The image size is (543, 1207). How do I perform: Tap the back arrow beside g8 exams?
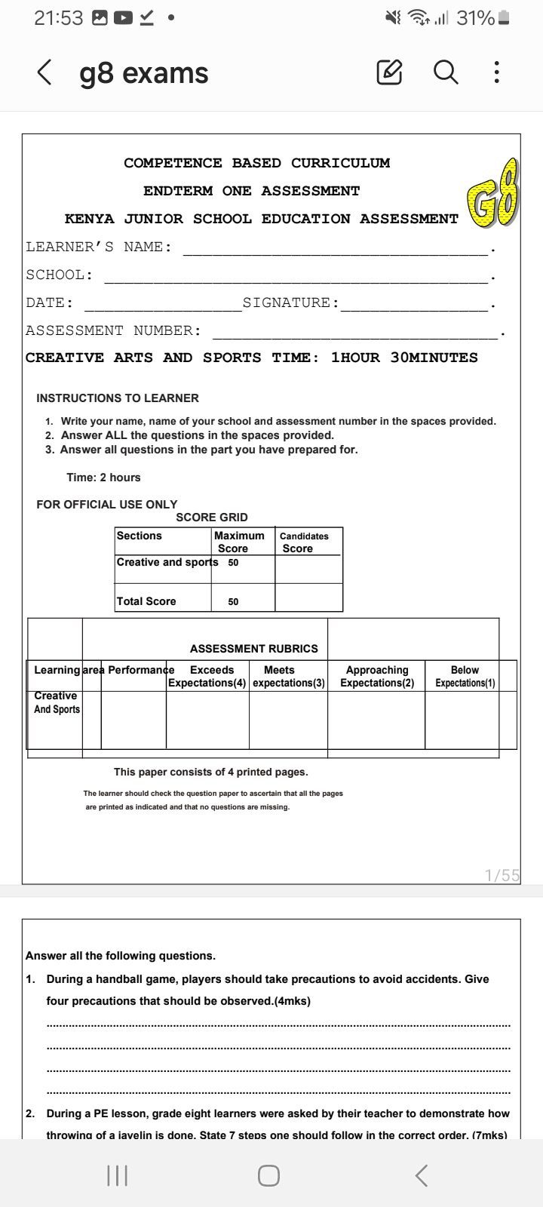pos(44,73)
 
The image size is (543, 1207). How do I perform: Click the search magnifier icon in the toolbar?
pos(446,73)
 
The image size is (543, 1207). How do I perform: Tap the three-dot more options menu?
pos(495,73)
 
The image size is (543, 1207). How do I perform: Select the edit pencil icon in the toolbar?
pos(389,73)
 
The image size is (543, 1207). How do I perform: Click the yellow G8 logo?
pos(495,194)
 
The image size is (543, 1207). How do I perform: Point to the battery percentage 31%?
pos(475,19)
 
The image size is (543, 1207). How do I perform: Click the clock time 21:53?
pos(59,19)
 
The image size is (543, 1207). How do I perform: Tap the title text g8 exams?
pos(144,73)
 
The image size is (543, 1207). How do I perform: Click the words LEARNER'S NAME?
pos(99,247)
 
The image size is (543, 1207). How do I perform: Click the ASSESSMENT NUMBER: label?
pos(113,330)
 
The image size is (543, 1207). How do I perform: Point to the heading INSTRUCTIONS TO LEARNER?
pos(118,398)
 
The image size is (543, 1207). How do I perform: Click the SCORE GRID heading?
pos(212,518)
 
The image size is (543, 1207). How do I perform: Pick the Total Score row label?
pos(146,601)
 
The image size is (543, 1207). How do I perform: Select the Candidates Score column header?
pos(305,542)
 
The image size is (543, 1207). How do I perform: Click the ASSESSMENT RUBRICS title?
pos(254,649)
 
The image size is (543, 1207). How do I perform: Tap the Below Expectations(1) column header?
pos(465,676)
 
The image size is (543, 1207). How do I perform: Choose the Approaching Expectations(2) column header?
pos(377,676)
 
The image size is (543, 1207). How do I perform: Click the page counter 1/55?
pos(502,875)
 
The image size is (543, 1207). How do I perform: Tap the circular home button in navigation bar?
pos(268,1175)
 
